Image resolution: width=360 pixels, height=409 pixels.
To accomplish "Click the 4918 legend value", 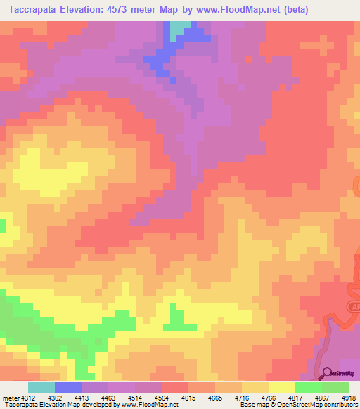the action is tap(348, 397).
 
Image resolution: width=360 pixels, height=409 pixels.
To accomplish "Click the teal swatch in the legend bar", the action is tap(41, 387).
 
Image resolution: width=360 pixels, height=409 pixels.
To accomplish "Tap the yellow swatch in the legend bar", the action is tap(281, 387).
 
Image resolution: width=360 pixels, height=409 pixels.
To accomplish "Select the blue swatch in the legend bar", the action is tap(68, 387).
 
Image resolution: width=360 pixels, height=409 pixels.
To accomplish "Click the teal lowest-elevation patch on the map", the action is tap(181, 28).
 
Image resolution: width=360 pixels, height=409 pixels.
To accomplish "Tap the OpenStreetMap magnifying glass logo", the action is tap(328, 373).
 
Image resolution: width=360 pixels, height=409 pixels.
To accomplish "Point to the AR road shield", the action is tap(355, 307).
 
